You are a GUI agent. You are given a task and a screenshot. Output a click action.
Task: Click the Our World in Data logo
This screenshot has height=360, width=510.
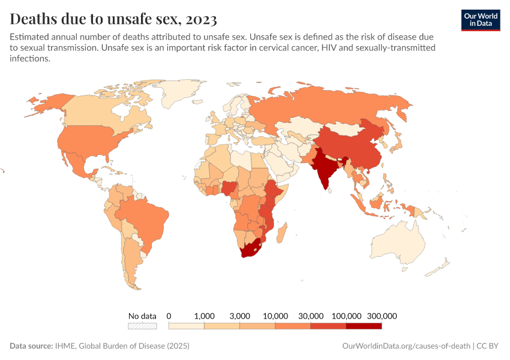coord(480,20)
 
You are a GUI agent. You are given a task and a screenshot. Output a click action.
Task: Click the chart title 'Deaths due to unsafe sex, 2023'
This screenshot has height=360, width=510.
coord(114,19)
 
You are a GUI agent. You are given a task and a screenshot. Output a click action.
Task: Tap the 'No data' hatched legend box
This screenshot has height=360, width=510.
coord(142,326)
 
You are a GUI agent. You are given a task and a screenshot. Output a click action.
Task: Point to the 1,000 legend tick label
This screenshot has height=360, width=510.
coord(205,316)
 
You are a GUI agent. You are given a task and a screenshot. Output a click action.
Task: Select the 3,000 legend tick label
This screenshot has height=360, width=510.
coord(240,316)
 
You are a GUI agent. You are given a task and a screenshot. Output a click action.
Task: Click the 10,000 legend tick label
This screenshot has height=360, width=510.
coord(275,316)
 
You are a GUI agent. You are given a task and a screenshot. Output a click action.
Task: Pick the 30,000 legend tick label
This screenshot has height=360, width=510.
coord(311,316)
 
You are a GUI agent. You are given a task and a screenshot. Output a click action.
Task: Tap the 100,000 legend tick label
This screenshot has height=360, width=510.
coord(346,316)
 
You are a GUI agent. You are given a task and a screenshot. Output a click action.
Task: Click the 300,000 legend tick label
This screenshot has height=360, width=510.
coord(382,316)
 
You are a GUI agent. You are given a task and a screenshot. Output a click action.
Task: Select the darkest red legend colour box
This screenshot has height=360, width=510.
coord(364,326)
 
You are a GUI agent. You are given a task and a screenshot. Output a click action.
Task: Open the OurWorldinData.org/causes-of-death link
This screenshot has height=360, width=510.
coord(406,346)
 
